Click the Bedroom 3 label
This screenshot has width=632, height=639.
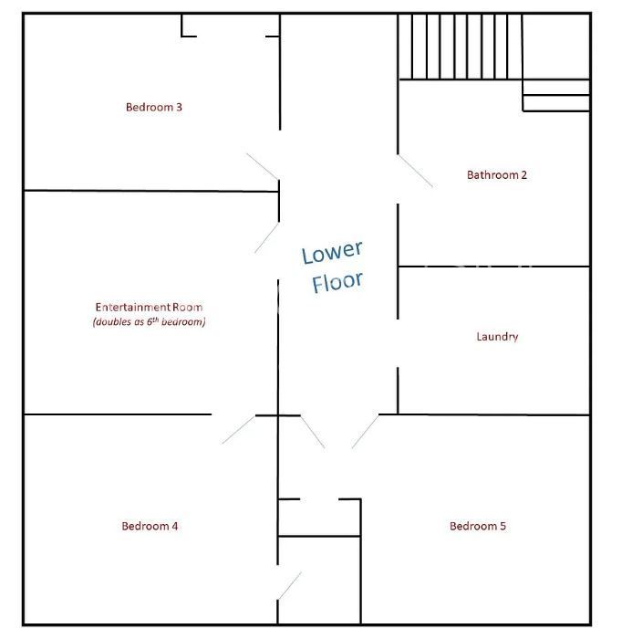154,107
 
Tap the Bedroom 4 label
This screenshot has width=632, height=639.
150,526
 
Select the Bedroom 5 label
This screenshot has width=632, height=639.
478,526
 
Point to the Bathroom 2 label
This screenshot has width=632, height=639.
497,175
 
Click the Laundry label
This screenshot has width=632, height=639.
497,337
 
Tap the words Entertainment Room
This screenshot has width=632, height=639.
149,307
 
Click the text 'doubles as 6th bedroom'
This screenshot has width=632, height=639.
149,322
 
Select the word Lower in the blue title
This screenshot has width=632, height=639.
332,252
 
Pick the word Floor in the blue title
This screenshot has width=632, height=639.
337,281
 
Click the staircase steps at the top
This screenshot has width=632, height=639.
461,47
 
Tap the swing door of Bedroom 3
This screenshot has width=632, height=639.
263,167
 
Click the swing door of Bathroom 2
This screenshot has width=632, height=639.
415,172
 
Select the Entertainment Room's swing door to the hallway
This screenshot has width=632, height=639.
266,238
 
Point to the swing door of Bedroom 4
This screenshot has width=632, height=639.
239,430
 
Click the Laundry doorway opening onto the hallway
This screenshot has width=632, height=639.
398,343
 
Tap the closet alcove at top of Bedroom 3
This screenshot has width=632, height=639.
231,26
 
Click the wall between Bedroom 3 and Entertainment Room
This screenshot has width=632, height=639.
151,191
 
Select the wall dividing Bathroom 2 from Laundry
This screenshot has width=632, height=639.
494,267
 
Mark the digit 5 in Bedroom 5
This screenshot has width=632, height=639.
502,526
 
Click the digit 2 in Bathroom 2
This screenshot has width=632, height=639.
524,175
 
